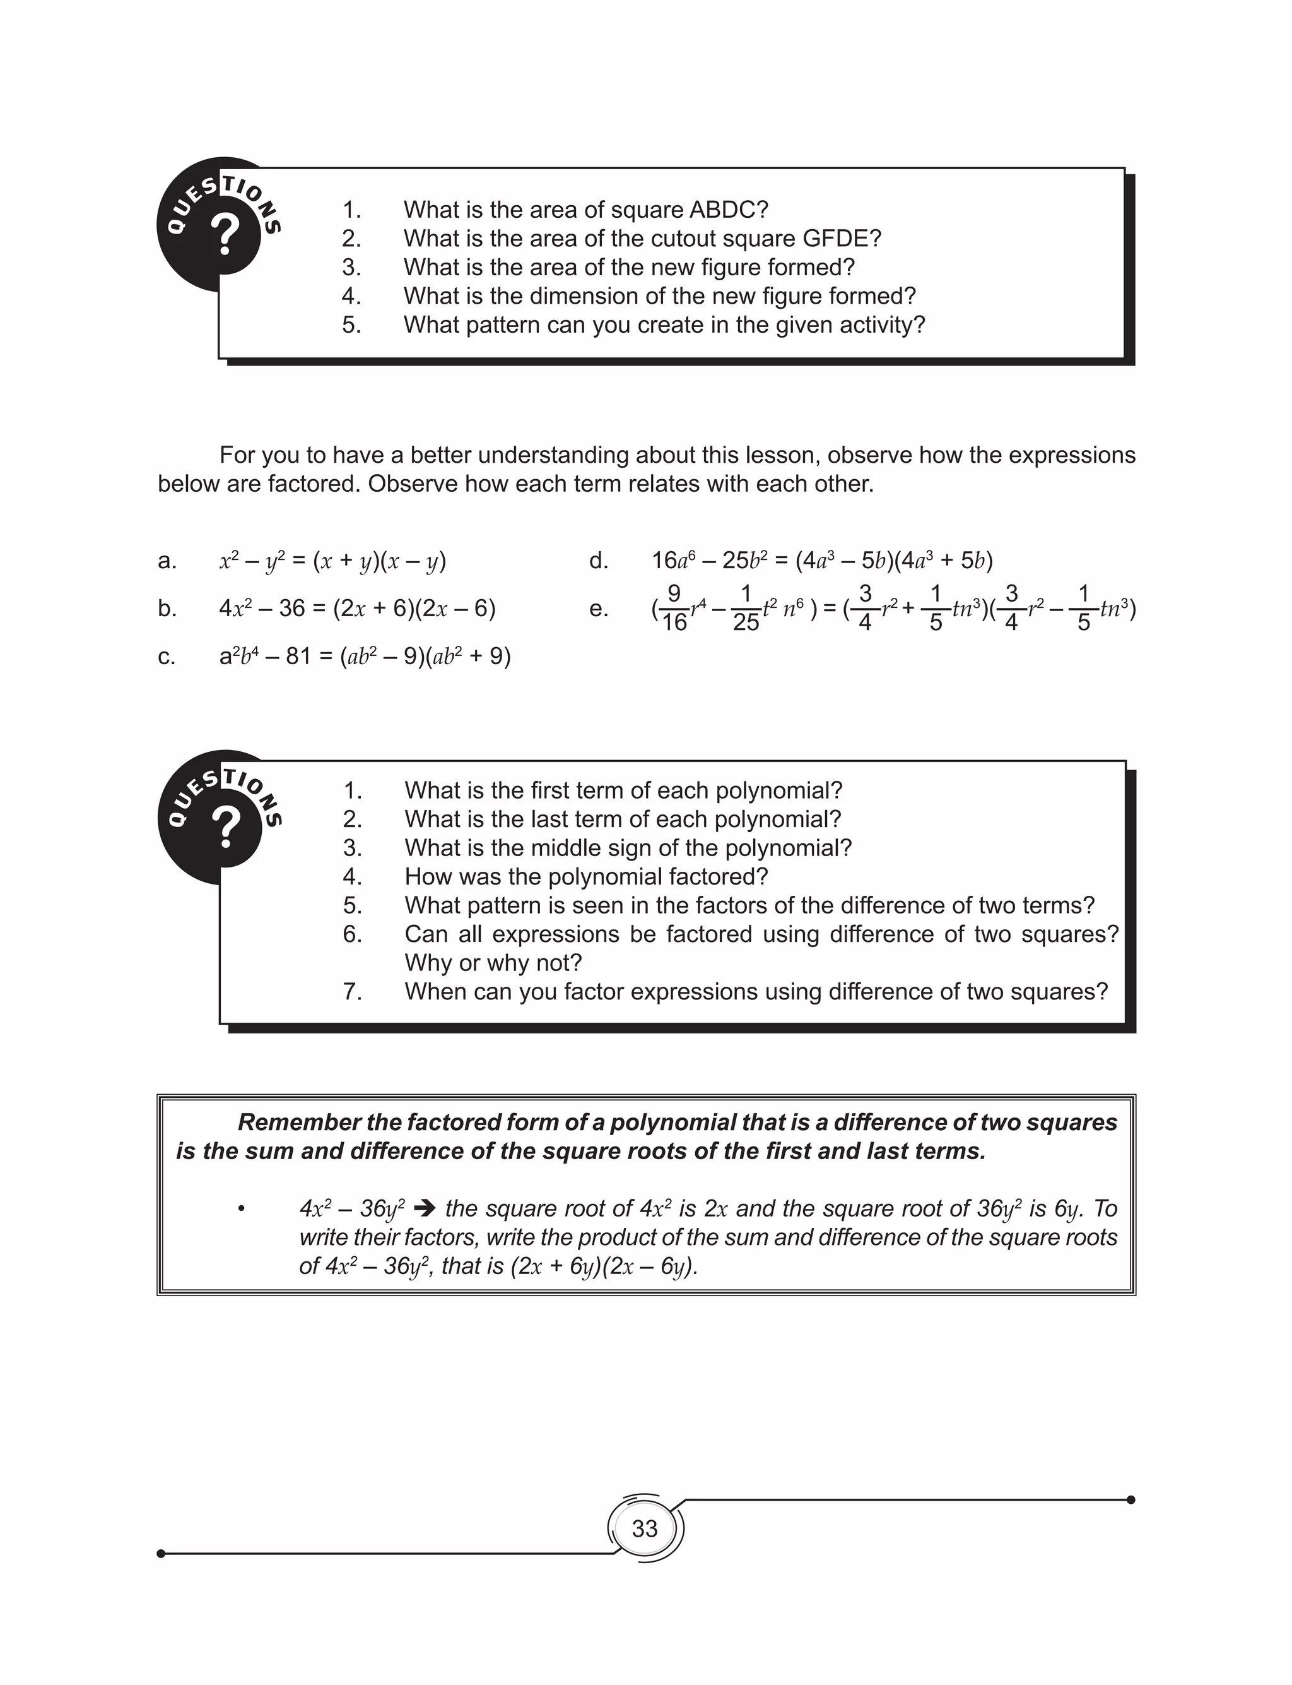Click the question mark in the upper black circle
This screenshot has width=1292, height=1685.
tap(225, 235)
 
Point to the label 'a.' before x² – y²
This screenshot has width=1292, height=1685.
tap(167, 561)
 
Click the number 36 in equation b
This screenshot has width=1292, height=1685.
tap(292, 609)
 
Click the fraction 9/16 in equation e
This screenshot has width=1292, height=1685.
tap(674, 609)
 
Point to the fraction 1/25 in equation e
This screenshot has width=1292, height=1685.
tap(745, 609)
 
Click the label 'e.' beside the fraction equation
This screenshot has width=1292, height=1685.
tap(598, 609)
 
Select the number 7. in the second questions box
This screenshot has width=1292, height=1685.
tap(352, 992)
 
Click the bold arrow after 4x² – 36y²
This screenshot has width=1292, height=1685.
tap(425, 1209)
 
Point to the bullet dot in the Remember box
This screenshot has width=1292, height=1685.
tap(242, 1210)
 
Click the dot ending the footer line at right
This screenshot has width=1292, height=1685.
tap(1130, 1499)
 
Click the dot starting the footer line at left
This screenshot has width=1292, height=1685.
tap(161, 1554)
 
